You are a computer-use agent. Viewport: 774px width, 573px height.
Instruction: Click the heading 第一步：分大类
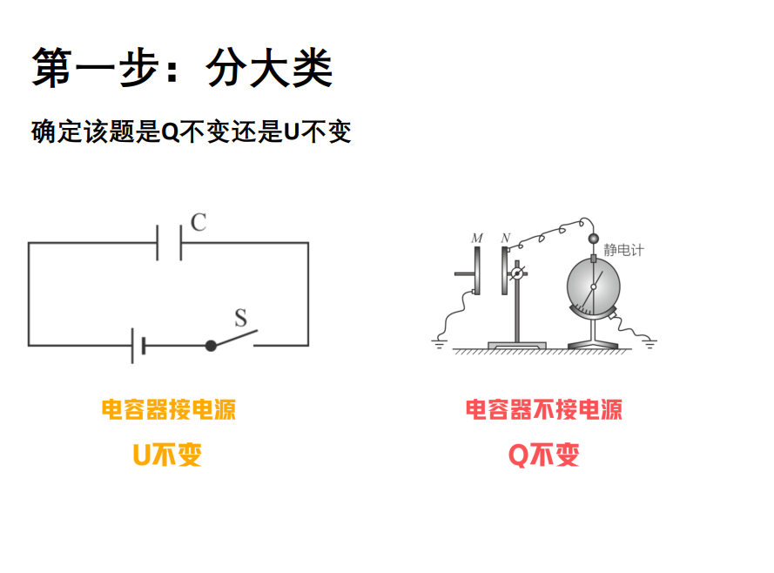click(x=182, y=68)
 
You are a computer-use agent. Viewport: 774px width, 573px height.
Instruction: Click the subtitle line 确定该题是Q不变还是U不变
click(x=191, y=132)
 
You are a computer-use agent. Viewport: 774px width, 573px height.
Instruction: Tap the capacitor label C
click(x=199, y=222)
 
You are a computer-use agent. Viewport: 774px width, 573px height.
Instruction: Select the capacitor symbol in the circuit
click(x=169, y=242)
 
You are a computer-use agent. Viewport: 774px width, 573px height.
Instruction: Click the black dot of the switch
click(x=211, y=346)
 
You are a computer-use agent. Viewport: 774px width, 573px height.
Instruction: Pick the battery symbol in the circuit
click(x=138, y=346)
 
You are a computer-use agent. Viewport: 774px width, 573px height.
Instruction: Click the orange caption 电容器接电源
click(x=169, y=409)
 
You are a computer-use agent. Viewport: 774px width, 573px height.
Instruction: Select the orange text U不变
click(x=167, y=455)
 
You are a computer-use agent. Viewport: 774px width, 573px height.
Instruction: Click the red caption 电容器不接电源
click(x=544, y=409)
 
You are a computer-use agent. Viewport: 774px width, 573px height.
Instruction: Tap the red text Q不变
click(x=544, y=455)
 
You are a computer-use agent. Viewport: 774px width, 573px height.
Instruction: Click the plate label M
click(x=476, y=238)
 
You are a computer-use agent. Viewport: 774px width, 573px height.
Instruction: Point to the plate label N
click(x=506, y=238)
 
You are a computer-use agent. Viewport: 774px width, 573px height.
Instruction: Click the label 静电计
click(x=623, y=250)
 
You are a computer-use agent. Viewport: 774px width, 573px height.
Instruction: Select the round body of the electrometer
click(x=594, y=284)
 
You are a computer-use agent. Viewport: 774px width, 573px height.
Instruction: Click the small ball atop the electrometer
click(x=595, y=239)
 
